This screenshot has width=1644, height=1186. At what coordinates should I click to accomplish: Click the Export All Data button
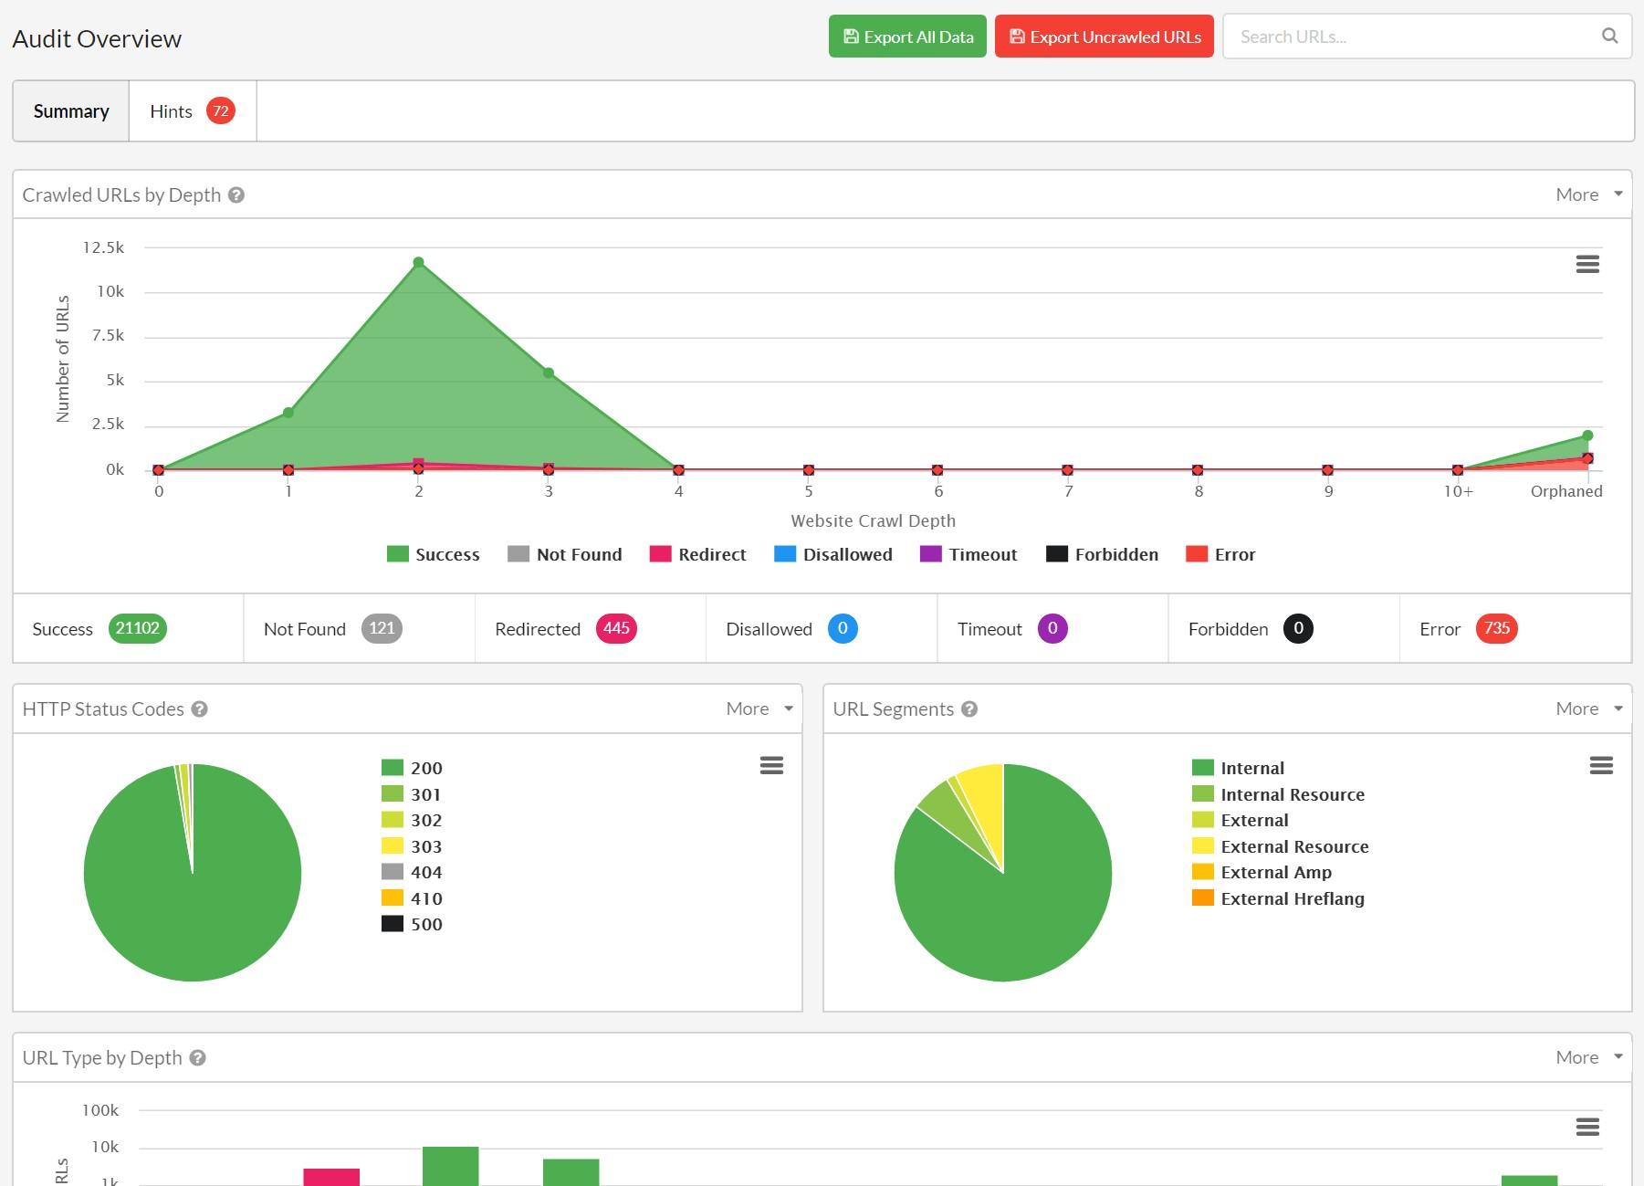coord(906,37)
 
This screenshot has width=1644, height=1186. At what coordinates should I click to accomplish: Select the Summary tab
coord(71,111)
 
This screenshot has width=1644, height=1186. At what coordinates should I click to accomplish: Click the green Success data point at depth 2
coord(418,263)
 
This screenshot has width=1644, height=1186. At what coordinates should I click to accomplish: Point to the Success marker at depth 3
coord(549,373)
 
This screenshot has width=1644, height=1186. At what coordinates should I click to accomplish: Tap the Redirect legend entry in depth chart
coord(697,554)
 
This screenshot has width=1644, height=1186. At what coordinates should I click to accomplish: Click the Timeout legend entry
coord(969,554)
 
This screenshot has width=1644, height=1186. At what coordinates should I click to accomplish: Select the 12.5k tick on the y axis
coord(103,247)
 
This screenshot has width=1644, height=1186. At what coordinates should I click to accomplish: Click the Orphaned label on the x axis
coord(1565,491)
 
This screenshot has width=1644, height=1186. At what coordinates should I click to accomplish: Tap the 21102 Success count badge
coord(137,628)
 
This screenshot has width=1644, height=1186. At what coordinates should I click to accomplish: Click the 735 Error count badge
coord(1495,628)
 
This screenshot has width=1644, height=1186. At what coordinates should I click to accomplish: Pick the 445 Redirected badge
coord(615,628)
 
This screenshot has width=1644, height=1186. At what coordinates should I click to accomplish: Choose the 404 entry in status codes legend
coord(412,872)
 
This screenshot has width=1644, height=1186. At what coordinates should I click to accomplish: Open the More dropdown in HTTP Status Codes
coord(759,708)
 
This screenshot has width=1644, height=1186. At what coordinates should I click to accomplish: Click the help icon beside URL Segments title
coord(969,709)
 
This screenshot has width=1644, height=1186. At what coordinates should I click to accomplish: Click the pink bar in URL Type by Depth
coord(331,1176)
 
